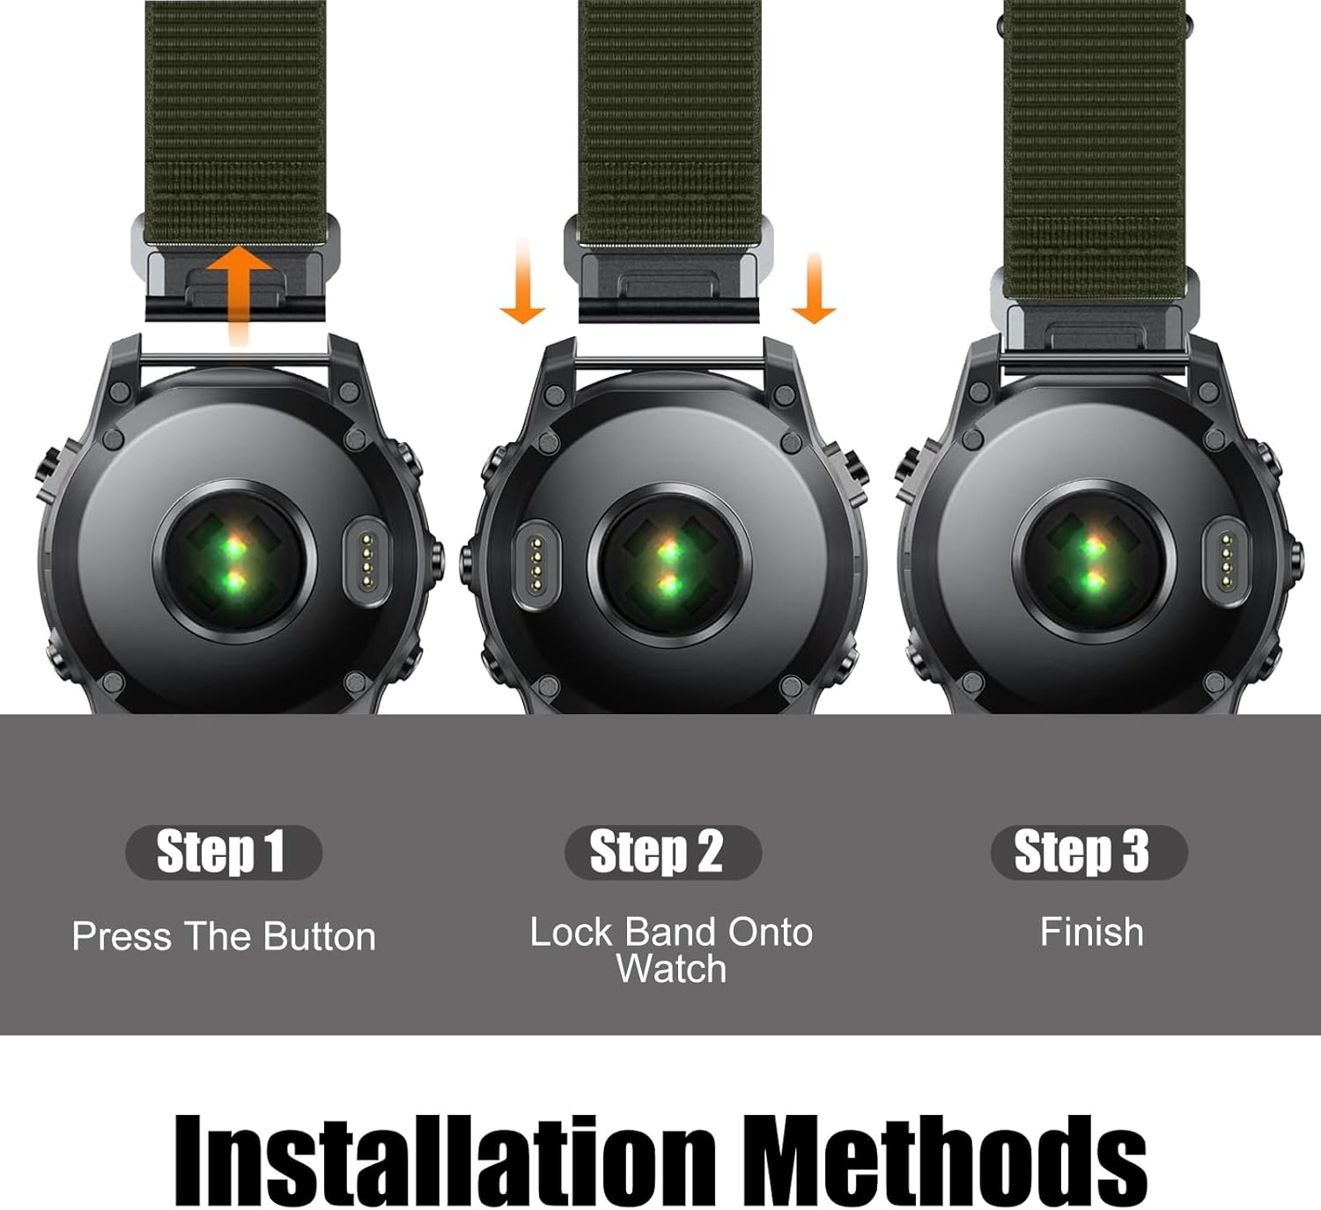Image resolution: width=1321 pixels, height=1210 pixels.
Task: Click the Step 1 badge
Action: [x=223, y=852]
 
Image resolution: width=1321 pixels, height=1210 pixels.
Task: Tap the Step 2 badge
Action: [x=662, y=852]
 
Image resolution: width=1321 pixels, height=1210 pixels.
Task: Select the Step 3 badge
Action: [x=1088, y=852]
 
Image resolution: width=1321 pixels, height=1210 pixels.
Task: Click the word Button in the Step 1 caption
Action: [x=319, y=936]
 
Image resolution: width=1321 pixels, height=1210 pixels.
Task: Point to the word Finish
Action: [x=1091, y=932]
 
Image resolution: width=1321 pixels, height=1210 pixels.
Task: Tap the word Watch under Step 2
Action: [x=671, y=970]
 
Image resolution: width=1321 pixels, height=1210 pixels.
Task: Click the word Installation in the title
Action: [x=444, y=1160]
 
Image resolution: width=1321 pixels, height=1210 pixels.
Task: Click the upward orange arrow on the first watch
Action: [x=238, y=291]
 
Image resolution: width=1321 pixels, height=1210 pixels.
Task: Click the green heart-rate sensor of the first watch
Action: [x=233, y=563]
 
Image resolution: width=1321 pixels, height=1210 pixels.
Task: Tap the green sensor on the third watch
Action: [x=1093, y=563]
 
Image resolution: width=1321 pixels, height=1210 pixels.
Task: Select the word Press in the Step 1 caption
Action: [x=122, y=936]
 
